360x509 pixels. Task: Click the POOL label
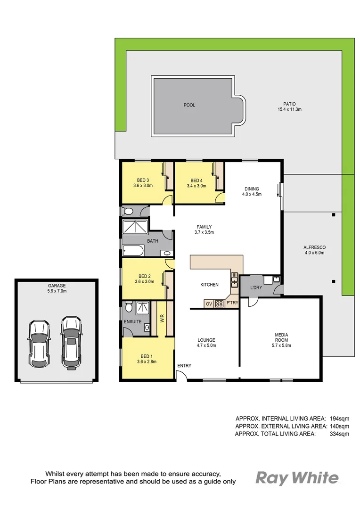tap(189, 105)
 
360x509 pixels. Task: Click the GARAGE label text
tap(56, 285)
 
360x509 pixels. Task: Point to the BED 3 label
tap(143, 180)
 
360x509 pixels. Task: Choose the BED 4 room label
tap(196, 180)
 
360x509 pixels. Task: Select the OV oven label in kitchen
tap(209, 304)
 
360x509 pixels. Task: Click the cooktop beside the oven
tap(219, 304)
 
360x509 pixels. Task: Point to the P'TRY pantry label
tap(231, 303)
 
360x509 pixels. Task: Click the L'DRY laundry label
tap(256, 287)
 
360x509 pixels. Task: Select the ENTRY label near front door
tap(184, 366)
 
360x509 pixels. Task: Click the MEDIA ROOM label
tap(281, 337)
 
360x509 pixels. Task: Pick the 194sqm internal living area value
tap(339, 418)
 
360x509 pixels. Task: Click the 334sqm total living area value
tap(339, 434)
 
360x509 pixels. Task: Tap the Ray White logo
tap(296, 478)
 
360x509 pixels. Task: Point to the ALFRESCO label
tap(315, 247)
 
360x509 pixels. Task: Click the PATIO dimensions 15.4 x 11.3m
tap(289, 109)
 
